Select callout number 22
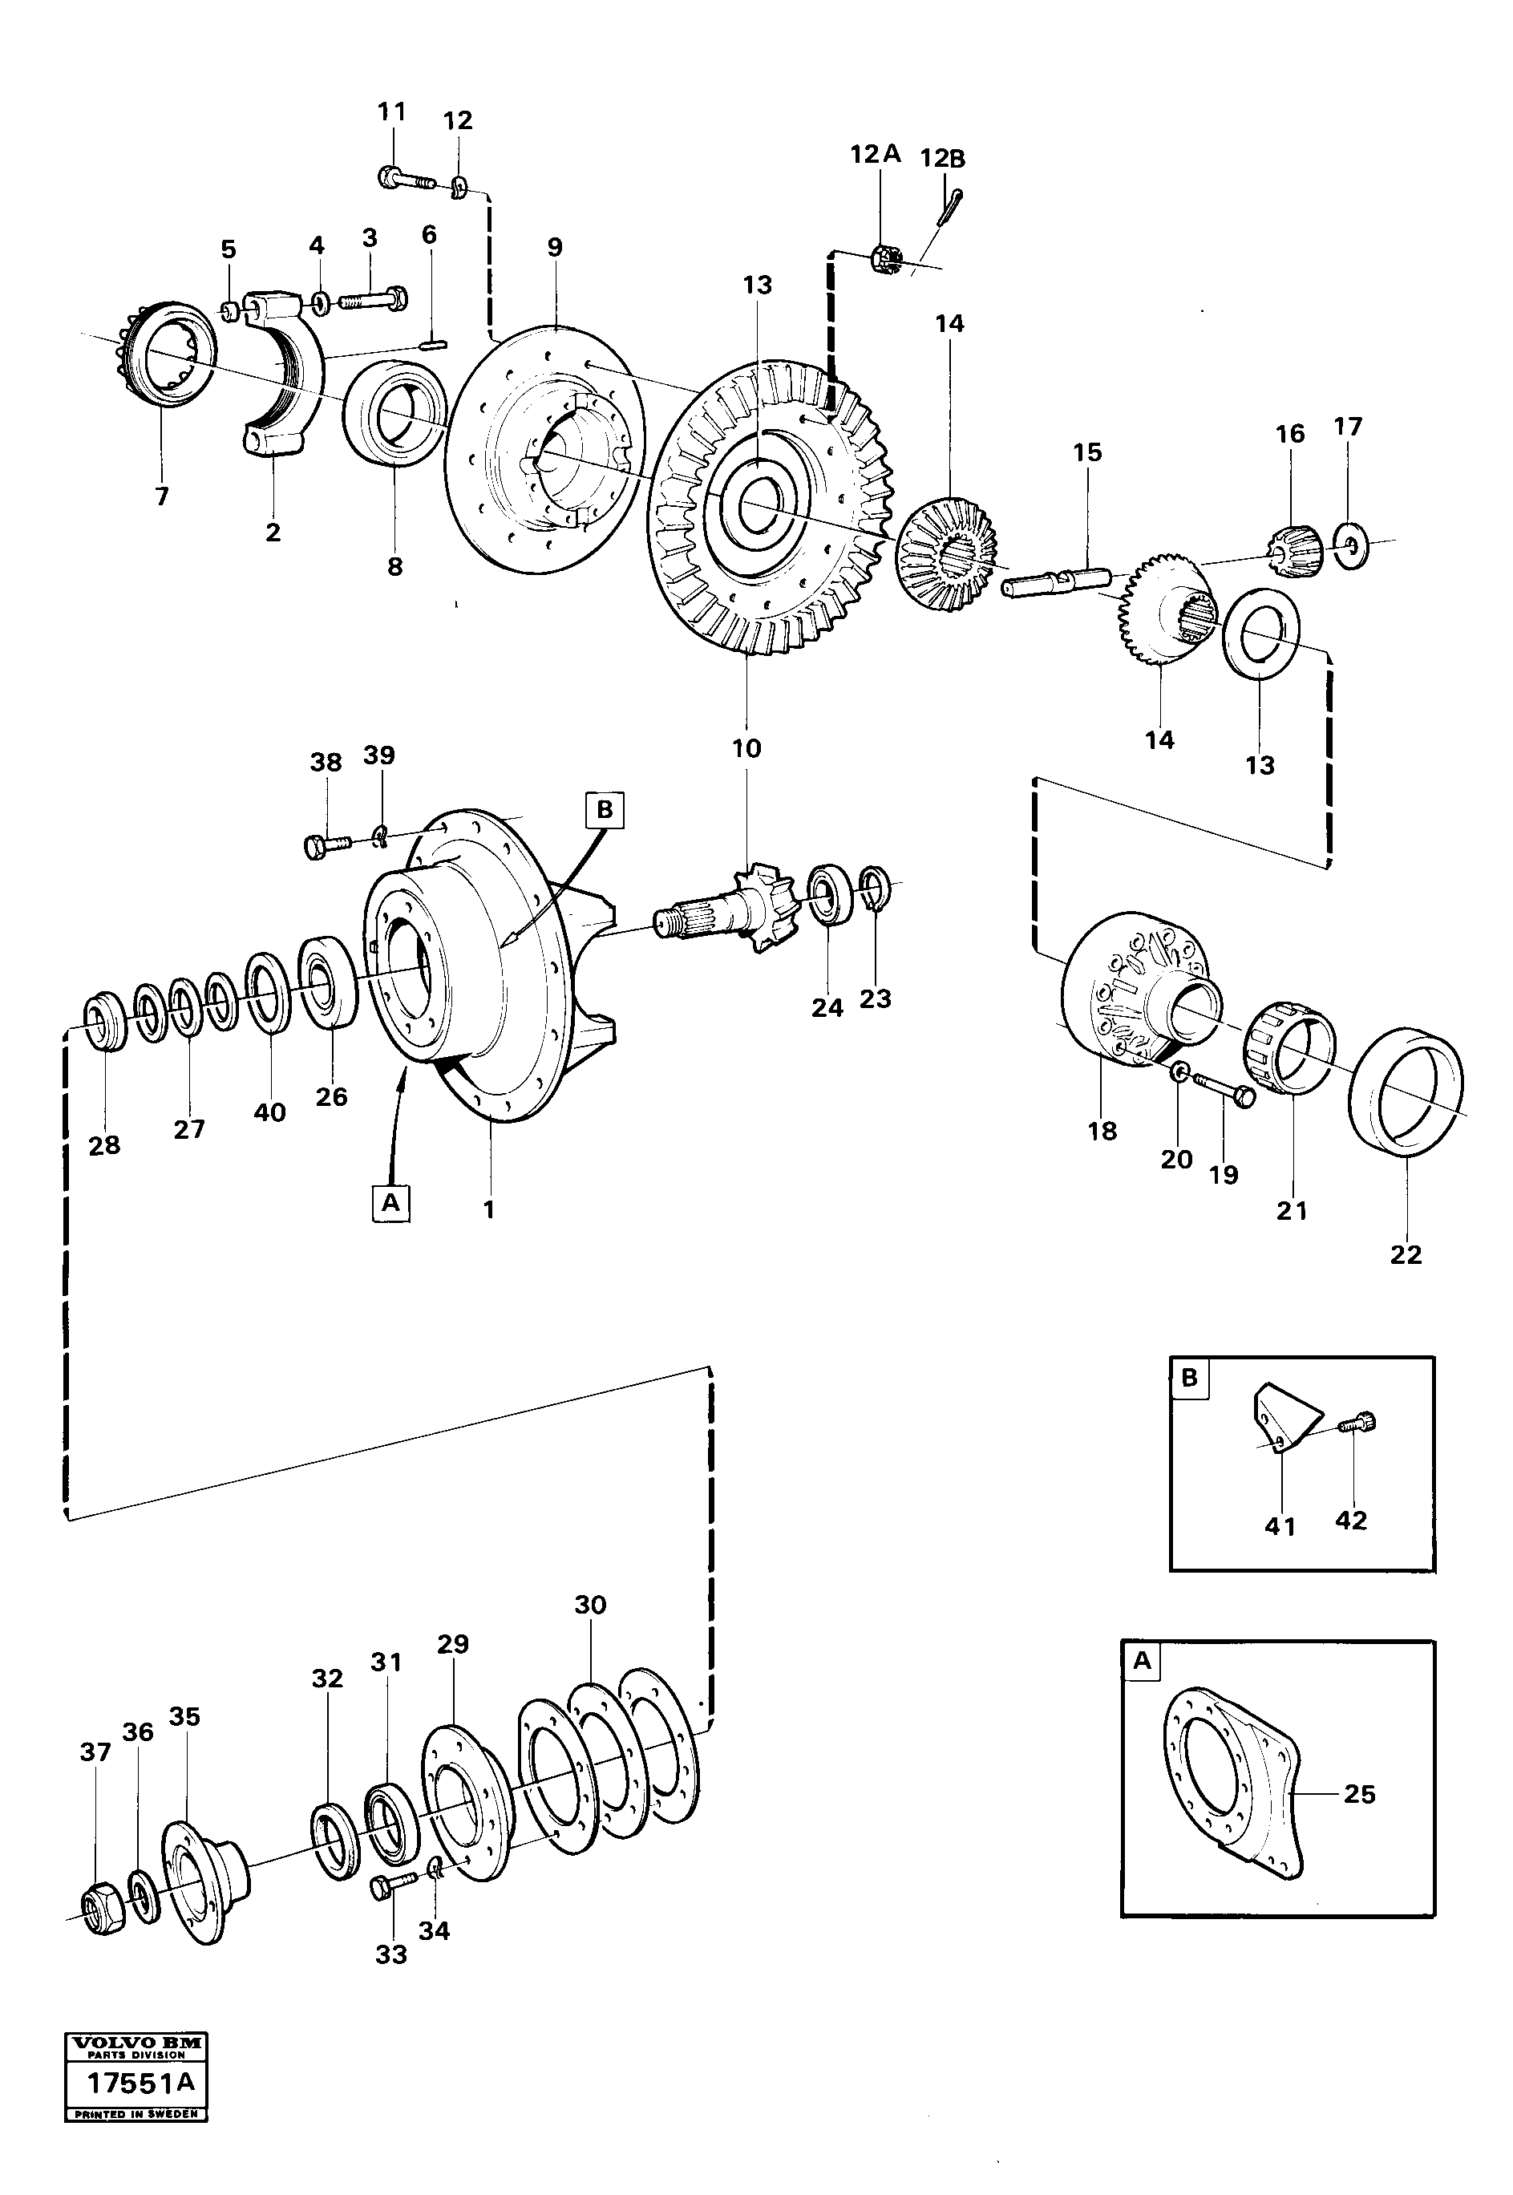tap(1405, 1254)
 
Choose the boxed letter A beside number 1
tap(390, 1202)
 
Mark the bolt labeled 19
tap(1223, 1088)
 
